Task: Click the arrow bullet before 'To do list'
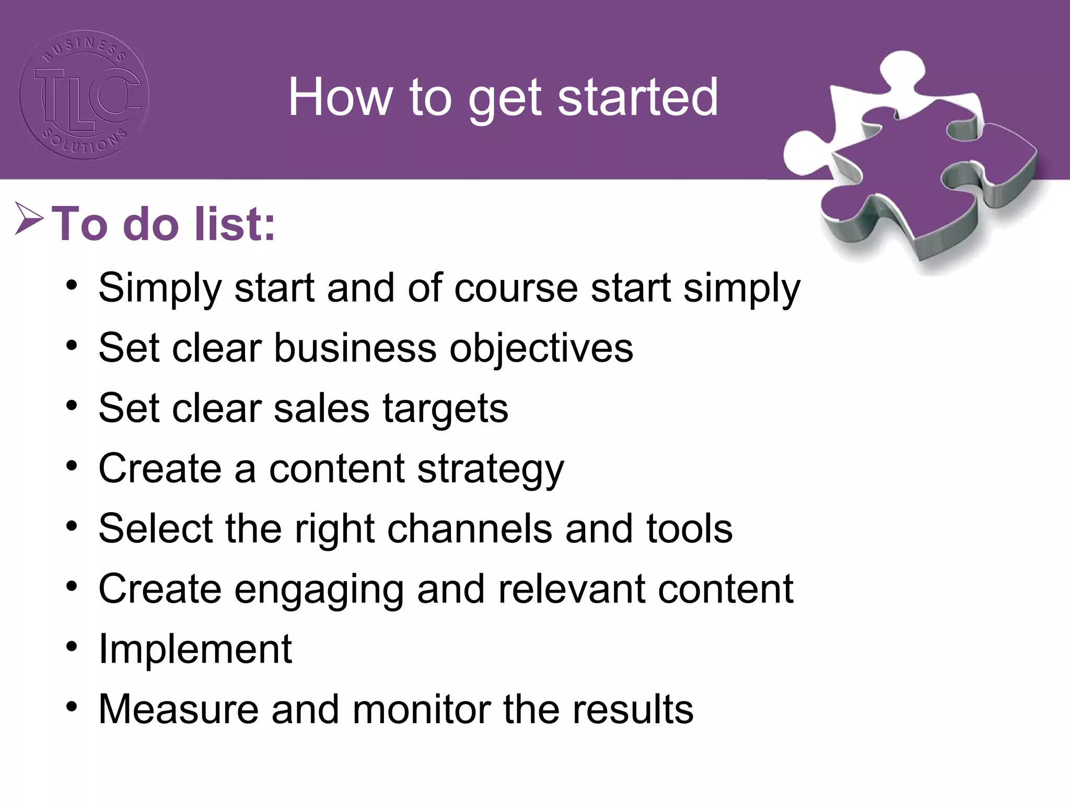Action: pos(29,218)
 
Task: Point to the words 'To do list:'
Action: pos(163,225)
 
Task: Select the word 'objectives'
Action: pos(541,348)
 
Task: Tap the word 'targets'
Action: pos(445,409)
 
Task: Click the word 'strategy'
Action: pos(491,469)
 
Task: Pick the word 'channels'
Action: pos(469,528)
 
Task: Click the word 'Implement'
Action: pos(195,650)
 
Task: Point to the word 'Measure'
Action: pos(178,709)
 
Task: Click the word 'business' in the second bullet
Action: pos(355,348)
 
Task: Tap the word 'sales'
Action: pos(321,409)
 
